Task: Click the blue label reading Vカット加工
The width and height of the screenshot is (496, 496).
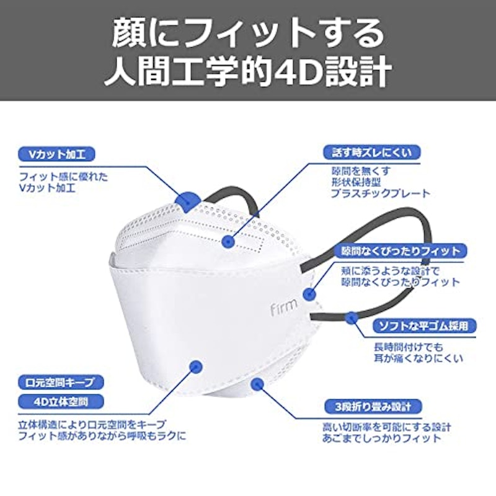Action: [56, 154]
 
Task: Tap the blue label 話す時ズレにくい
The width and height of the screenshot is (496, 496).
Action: [372, 153]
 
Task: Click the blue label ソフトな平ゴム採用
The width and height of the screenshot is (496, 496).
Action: [424, 326]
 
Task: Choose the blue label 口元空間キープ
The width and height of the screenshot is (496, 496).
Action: [61, 383]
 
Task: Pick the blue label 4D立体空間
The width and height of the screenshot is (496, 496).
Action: [61, 402]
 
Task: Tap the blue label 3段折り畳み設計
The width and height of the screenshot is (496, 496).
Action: [373, 407]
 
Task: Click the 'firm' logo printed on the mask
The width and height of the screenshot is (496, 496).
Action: [284, 306]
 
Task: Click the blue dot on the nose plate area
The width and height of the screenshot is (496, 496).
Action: [228, 242]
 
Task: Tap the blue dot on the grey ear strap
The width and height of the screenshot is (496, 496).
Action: [351, 317]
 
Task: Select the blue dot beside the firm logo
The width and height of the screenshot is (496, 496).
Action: [309, 294]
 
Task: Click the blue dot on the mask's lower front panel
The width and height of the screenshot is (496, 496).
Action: [196, 367]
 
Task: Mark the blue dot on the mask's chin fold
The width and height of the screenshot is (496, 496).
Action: [257, 384]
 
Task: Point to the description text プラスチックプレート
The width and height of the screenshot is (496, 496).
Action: [381, 193]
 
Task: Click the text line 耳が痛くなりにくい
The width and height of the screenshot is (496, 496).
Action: [418, 358]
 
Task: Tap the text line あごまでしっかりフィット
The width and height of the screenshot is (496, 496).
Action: [381, 438]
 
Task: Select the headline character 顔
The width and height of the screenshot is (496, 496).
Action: [127, 34]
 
